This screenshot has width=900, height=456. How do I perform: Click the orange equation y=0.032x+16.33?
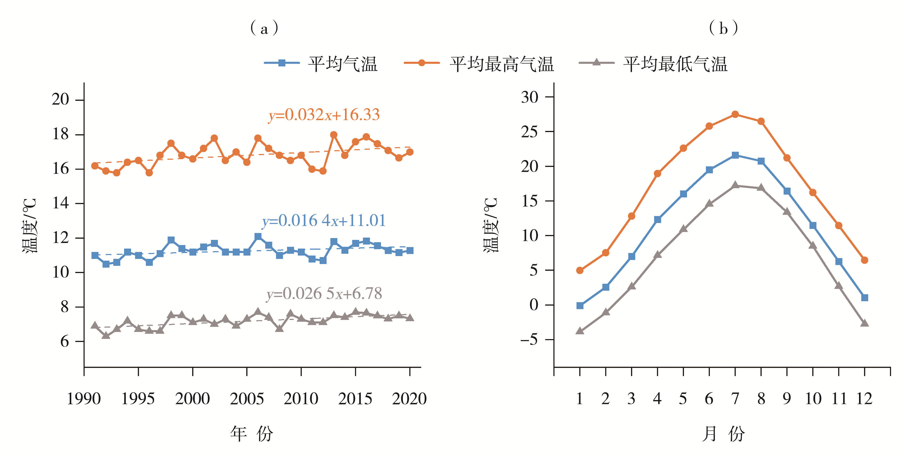[324, 115]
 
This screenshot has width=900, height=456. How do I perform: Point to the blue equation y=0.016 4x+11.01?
[324, 221]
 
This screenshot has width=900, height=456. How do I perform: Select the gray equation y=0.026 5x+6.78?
[324, 294]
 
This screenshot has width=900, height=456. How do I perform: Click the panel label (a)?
[264, 28]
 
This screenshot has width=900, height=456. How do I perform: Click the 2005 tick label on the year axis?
[247, 399]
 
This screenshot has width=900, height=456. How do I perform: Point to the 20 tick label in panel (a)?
[60, 100]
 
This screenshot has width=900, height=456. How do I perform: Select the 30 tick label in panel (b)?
[530, 97]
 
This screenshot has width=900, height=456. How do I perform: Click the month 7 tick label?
[735, 399]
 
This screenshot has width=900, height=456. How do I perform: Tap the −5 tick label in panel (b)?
[529, 339]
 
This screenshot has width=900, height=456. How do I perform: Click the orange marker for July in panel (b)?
[735, 115]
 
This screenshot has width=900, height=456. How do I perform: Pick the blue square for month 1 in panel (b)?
[580, 305]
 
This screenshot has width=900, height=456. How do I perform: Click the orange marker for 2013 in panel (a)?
[334, 135]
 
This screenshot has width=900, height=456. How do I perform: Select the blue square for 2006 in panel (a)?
[258, 237]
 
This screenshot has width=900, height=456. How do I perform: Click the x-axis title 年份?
[251, 434]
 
